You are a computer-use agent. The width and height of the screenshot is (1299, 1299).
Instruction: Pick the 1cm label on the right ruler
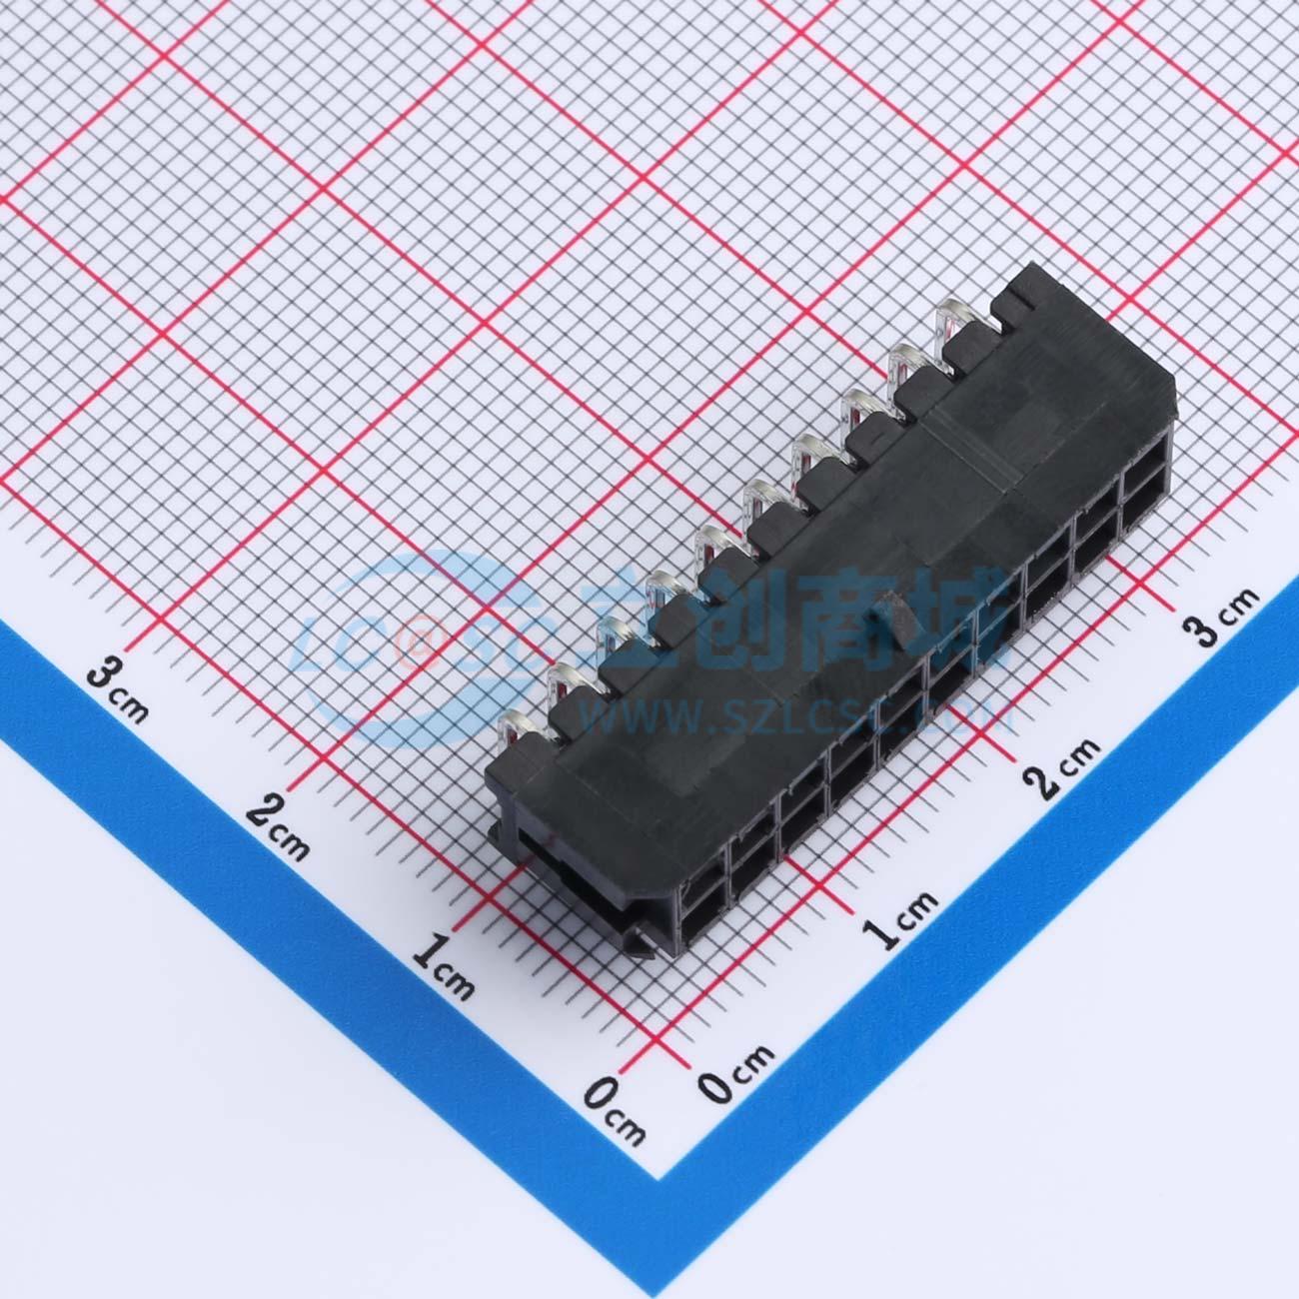point(900,915)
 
